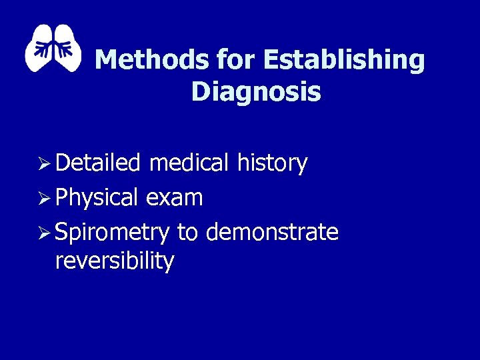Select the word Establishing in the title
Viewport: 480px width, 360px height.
pos(344,61)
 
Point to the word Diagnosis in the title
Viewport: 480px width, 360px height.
pos(256,92)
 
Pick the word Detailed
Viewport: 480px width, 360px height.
pos(98,163)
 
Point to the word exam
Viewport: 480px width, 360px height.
pos(174,198)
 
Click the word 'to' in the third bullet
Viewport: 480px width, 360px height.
pos(188,233)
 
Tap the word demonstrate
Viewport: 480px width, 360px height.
pos(273,233)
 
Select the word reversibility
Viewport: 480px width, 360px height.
pos(115,261)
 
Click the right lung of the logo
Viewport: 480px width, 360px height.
pos(69,50)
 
